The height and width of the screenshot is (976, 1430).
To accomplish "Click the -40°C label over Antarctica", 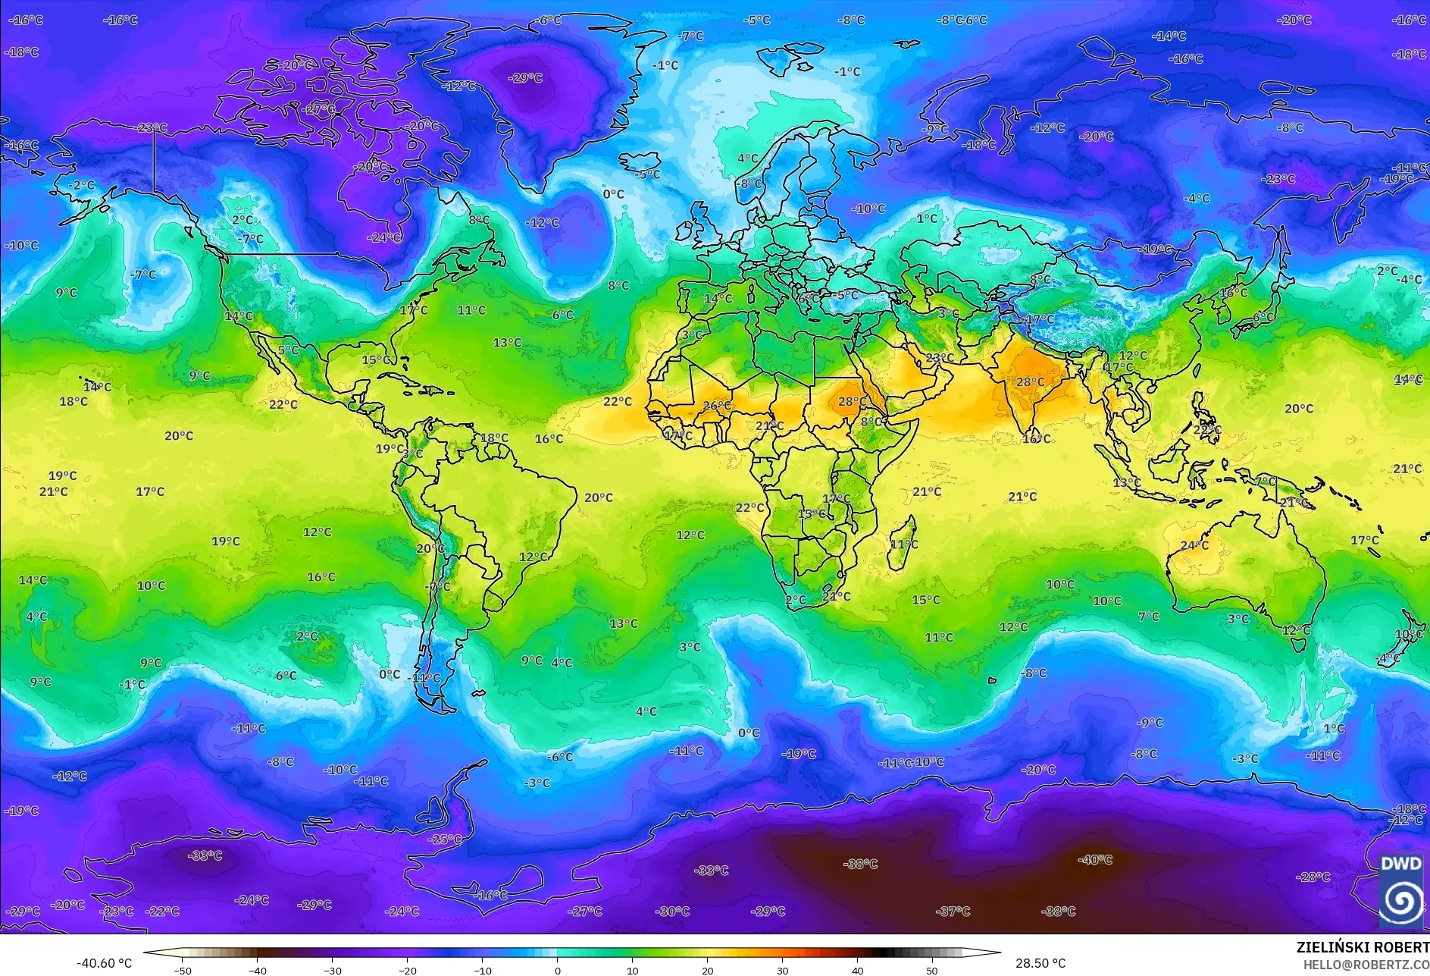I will (x=1095, y=860).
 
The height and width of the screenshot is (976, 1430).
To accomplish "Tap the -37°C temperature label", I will (x=953, y=911).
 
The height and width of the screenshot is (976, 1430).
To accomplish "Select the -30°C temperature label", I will (x=672, y=911).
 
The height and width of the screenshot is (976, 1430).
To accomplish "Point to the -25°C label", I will (x=445, y=839).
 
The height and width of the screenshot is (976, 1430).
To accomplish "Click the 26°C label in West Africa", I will (x=717, y=406).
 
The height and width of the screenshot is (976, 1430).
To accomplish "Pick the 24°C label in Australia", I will (x=1194, y=545).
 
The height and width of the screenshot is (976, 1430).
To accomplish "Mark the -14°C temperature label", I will (x=1169, y=36).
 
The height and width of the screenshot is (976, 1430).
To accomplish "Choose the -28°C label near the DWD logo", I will (x=1313, y=877).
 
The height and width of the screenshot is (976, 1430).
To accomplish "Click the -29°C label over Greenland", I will (x=525, y=77).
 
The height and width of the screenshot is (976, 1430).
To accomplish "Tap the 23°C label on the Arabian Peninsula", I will (x=940, y=357).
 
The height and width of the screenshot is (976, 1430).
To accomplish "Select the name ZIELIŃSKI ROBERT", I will (x=1363, y=947).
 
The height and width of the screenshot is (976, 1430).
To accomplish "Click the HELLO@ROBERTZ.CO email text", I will (x=1366, y=965).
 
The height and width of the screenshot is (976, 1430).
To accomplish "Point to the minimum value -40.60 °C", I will (x=104, y=963).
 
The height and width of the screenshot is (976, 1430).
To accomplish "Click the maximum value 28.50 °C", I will (x=1040, y=963).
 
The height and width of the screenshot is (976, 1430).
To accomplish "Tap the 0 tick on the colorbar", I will (x=558, y=970).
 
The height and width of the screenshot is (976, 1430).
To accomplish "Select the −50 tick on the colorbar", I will (x=182, y=970).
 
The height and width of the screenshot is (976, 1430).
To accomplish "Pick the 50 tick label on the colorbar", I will (x=931, y=970).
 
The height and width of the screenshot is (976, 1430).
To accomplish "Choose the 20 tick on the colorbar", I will (x=707, y=970).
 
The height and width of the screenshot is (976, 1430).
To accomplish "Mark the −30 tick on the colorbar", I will (x=332, y=970).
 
